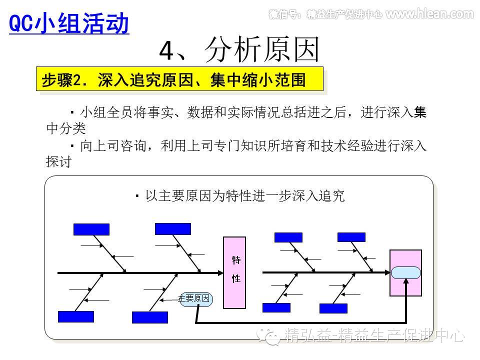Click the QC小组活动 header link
click(69, 23)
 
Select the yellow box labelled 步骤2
click(179, 79)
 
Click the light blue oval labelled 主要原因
click(196, 299)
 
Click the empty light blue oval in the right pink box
click(405, 272)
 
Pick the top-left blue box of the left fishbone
click(91, 229)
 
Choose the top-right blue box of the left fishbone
click(172, 229)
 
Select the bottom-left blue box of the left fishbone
click(75, 316)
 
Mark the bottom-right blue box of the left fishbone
click(149, 317)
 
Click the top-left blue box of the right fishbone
click(288, 237)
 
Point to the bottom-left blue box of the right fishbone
click(276, 307)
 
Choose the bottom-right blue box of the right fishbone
click(333, 308)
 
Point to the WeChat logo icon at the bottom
click(273, 336)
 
